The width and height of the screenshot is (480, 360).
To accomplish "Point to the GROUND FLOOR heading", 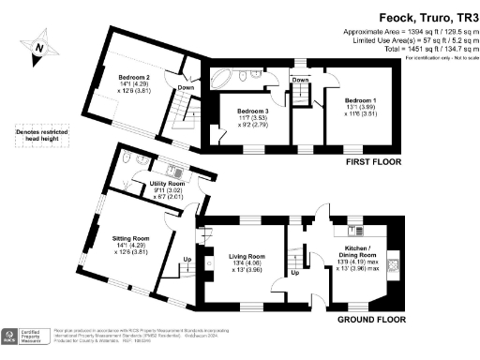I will pyautogui.click(x=369, y=319).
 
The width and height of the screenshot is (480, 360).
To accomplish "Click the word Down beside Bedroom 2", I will pyautogui.click(x=187, y=87).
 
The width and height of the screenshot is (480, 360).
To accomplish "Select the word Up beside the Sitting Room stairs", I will pyautogui.click(x=187, y=260).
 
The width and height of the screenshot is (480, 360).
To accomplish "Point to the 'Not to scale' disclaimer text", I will pyautogui.click(x=454, y=58).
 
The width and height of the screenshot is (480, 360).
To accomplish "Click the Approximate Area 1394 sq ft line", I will pyautogui.click(x=409, y=31).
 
